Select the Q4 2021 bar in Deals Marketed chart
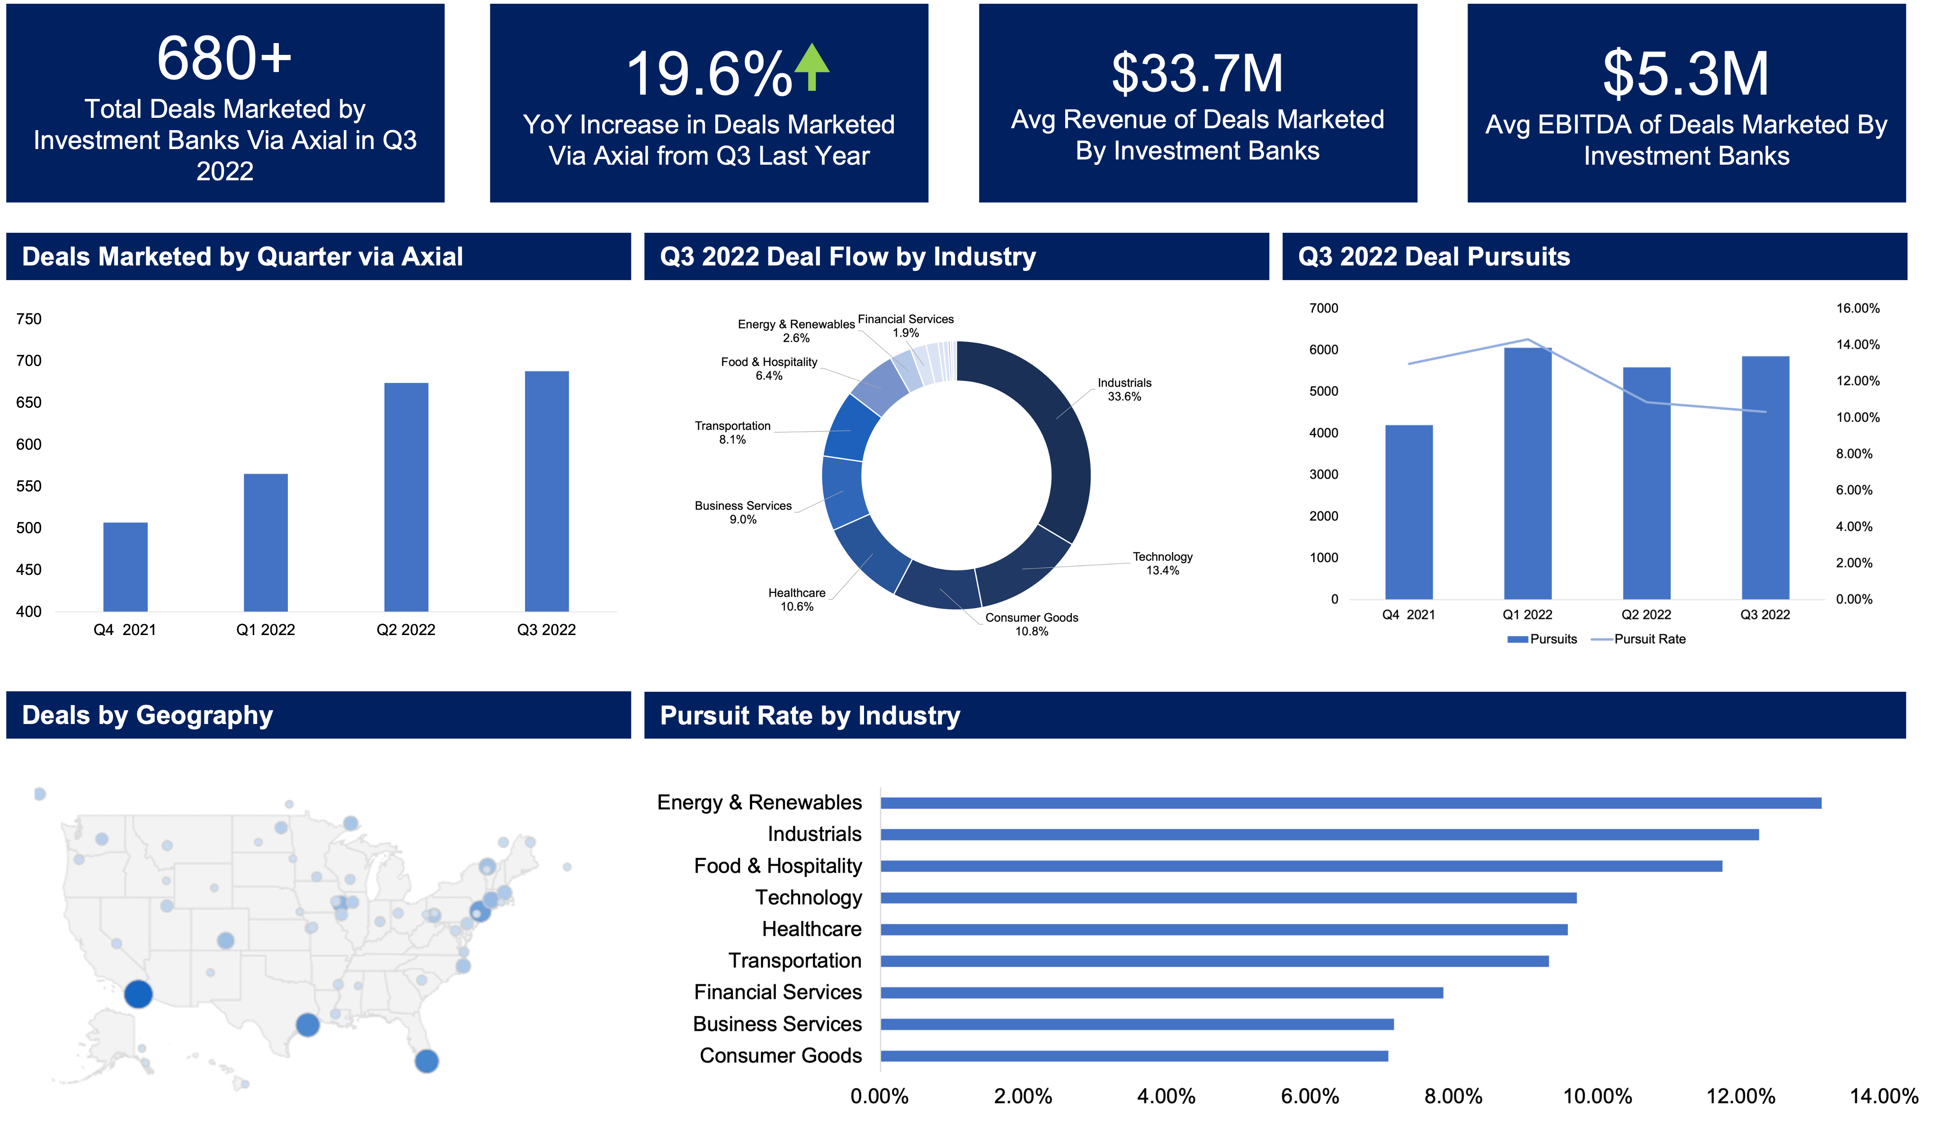(125, 567)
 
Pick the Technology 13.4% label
(1162, 563)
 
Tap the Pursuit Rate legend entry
(1648, 639)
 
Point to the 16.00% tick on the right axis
(1857, 308)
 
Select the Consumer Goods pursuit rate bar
(1134, 1056)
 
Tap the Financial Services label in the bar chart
(777, 992)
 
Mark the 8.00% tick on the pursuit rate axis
(1453, 1096)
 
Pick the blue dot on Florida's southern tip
(427, 1061)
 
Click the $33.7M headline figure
(1197, 73)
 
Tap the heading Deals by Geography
(148, 715)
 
